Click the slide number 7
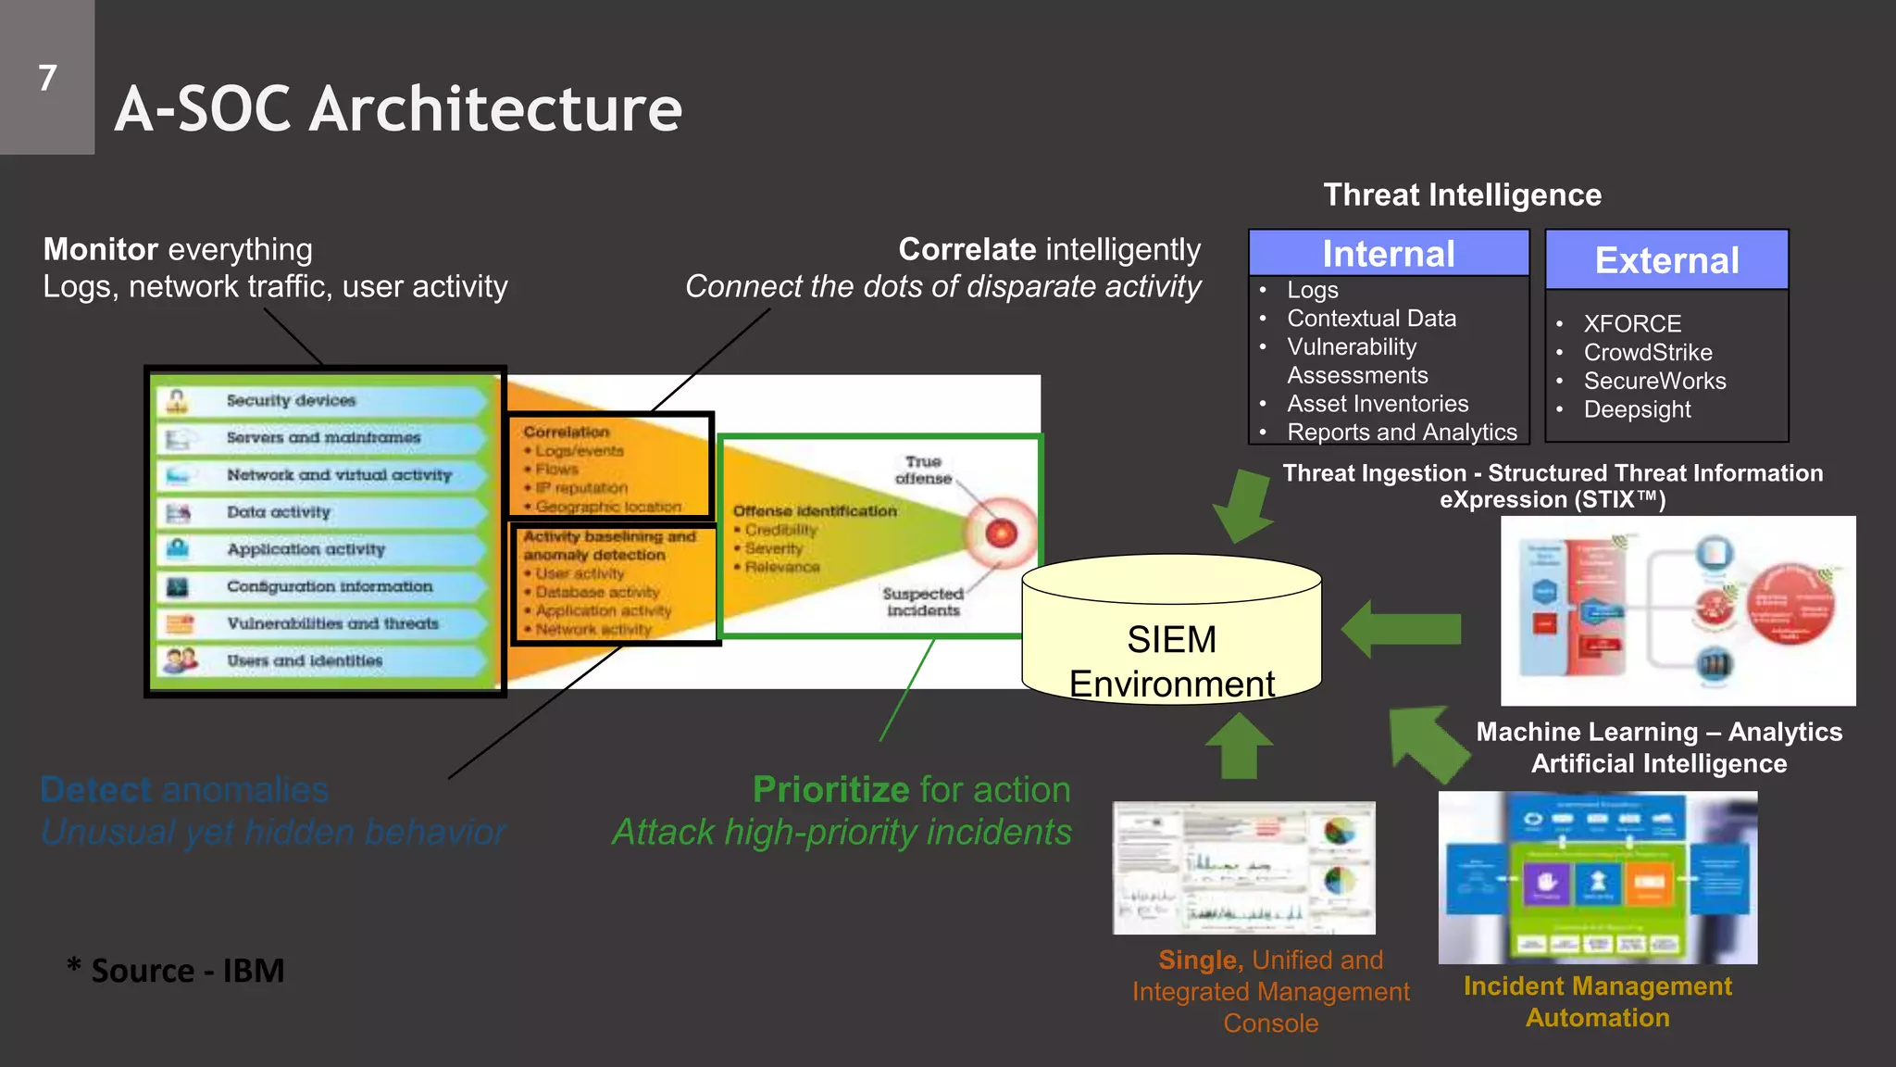(47, 78)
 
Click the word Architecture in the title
(495, 109)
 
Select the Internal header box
(1388, 253)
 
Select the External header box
(1666, 260)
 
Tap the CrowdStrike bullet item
(1647, 352)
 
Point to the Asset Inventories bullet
(1377, 404)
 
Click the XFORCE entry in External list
(1631, 323)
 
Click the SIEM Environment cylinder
(1171, 639)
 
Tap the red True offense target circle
(1001, 533)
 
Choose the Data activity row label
(278, 512)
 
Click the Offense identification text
(815, 510)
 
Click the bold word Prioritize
(830, 789)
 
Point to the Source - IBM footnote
(176, 971)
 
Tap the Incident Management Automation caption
(1597, 1001)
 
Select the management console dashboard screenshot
(1243, 868)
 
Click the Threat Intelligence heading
(1462, 195)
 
